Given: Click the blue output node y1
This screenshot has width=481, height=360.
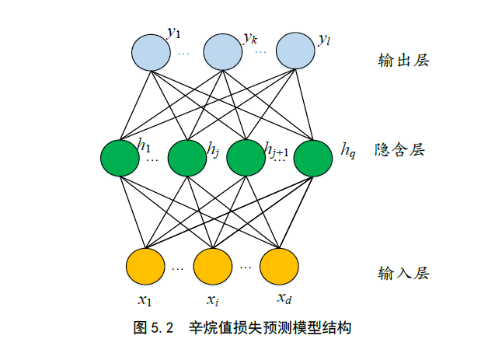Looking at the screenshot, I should click(150, 51).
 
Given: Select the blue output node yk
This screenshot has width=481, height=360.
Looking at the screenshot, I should click(223, 51).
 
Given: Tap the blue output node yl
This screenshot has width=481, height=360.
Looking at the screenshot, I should click(295, 51).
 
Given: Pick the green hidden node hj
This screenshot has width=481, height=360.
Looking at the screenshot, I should click(186, 158).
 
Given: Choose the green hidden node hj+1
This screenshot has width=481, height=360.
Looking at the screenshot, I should click(246, 158).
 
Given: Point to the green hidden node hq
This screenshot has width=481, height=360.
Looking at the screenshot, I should click(313, 158).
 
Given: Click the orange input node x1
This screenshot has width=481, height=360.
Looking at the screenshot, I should click(145, 266).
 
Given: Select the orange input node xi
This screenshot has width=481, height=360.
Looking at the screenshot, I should click(213, 266).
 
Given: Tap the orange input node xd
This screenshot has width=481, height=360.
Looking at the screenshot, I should click(279, 266).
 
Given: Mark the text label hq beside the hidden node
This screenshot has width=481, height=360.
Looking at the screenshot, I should click(348, 149).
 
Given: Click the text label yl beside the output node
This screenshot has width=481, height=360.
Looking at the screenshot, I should click(324, 39).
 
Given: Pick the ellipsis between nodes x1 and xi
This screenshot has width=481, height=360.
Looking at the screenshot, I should click(177, 268).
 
